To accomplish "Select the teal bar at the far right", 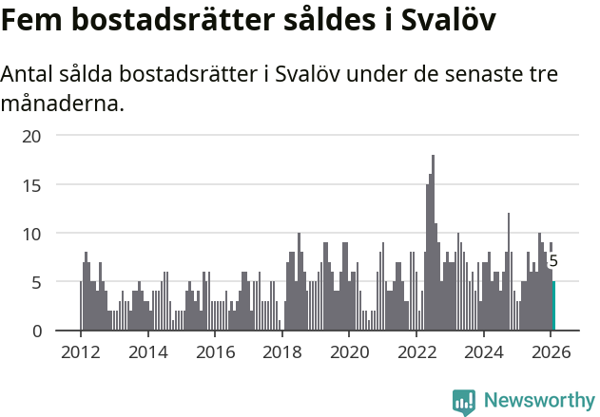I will [553, 306].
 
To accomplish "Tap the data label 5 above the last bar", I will [553, 261].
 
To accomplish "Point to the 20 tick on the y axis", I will [32, 136].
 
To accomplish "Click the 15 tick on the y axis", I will [32, 184].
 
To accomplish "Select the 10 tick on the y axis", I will [32, 233].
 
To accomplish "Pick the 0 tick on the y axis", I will [37, 331].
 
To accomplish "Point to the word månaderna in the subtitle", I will [63, 103].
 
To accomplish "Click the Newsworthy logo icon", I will [464, 402].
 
